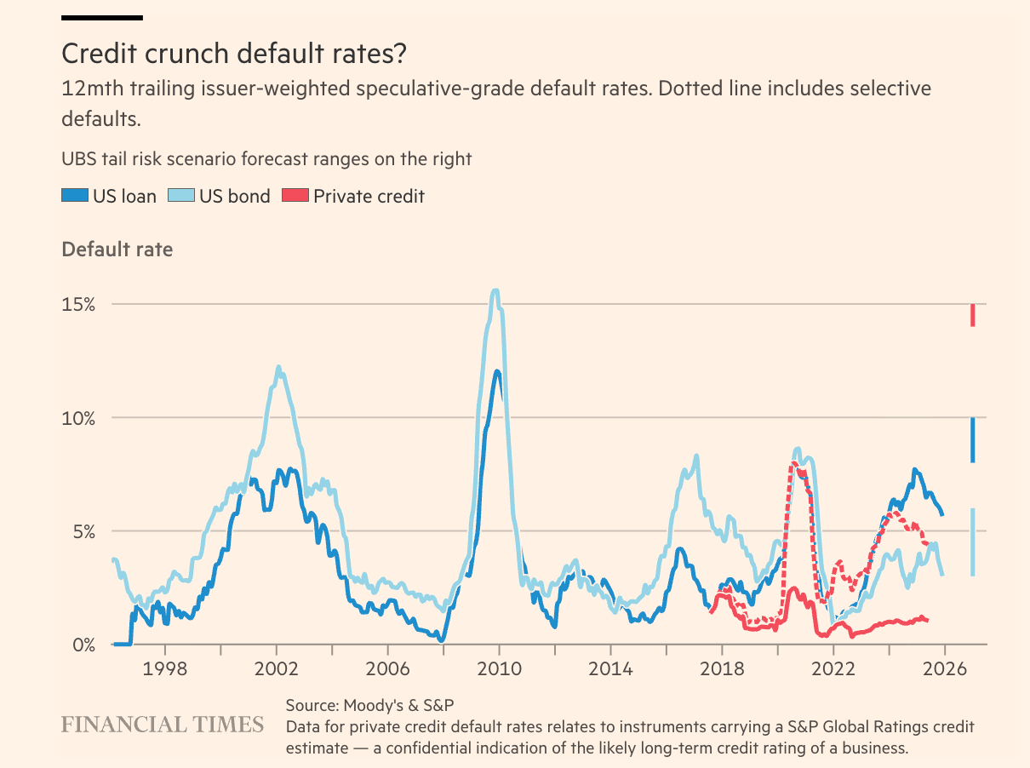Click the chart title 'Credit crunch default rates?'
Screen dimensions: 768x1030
[234, 54]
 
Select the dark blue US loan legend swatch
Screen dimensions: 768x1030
[74, 196]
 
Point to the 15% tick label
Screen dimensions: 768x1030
[77, 305]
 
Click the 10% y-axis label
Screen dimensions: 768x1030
[77, 418]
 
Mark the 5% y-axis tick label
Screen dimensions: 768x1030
[83, 531]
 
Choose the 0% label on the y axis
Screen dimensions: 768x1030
[83, 645]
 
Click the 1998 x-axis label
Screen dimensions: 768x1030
[164, 668]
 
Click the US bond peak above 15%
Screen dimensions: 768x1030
[495, 291]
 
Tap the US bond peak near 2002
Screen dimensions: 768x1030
[278, 368]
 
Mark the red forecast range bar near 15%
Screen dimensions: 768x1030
[972, 315]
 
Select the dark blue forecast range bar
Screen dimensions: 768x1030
[972, 440]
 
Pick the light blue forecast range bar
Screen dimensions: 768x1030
[972, 542]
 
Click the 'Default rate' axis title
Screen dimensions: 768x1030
[117, 249]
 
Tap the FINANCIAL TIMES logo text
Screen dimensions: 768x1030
[163, 725]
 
